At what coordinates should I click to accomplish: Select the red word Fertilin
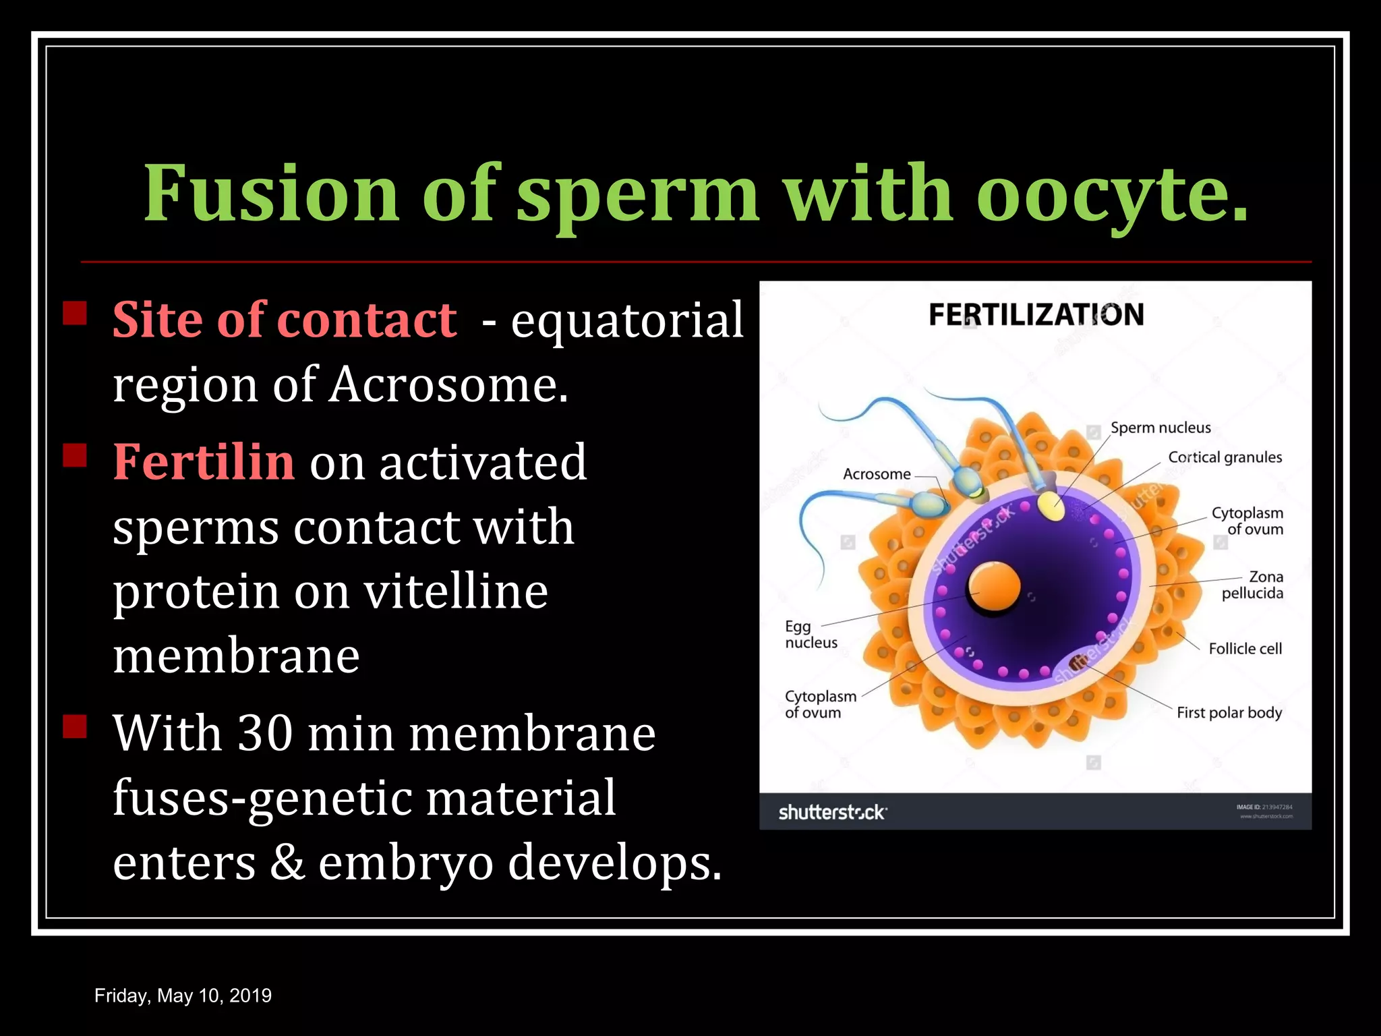(x=204, y=462)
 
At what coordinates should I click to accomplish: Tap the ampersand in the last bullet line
(x=287, y=863)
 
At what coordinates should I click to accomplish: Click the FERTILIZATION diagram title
(x=1036, y=315)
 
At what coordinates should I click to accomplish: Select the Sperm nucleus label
(x=1160, y=428)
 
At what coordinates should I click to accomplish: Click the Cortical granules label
(x=1225, y=457)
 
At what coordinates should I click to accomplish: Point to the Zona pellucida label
(x=1252, y=585)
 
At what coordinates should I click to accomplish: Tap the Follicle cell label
(x=1245, y=649)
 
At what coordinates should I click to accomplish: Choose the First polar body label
(x=1229, y=713)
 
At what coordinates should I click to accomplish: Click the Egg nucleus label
(x=811, y=635)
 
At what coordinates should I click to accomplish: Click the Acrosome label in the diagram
(x=877, y=474)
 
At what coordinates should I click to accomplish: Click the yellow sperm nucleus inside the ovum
(x=1051, y=507)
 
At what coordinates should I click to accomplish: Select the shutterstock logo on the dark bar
(x=832, y=812)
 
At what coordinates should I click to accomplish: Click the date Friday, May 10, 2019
(x=183, y=996)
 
